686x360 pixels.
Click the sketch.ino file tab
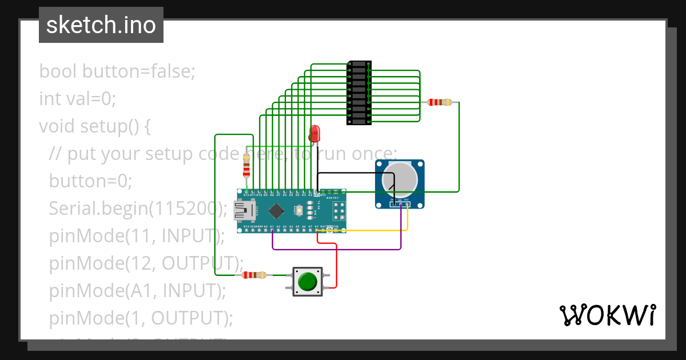tap(101, 25)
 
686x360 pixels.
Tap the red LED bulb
tap(314, 134)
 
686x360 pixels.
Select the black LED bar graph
tap(358, 93)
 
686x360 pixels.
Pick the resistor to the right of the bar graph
tap(440, 102)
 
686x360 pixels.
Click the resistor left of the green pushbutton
tap(254, 275)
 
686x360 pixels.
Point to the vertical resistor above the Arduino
tap(246, 165)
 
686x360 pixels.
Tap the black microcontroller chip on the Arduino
tap(277, 211)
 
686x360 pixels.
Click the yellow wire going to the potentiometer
tap(372, 230)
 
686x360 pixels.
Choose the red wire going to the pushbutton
tap(336, 263)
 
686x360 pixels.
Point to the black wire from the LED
tap(354, 173)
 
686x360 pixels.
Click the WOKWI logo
tap(607, 315)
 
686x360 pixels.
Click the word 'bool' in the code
tap(59, 72)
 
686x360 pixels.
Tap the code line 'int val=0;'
tap(78, 99)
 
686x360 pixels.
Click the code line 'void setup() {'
tap(94, 126)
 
